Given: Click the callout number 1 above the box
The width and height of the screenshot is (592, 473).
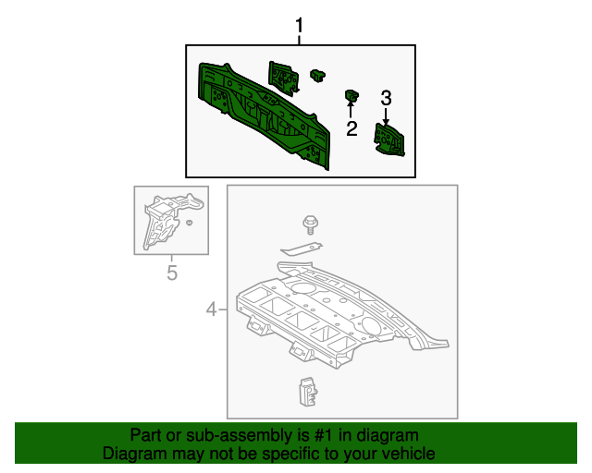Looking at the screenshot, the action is click(x=299, y=26).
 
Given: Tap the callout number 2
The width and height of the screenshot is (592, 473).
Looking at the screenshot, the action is click(x=351, y=128).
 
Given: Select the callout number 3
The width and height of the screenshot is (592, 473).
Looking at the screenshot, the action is click(x=386, y=98).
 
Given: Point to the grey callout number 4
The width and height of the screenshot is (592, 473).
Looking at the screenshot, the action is click(x=212, y=309).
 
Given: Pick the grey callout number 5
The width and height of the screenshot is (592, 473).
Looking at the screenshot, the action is click(x=172, y=273).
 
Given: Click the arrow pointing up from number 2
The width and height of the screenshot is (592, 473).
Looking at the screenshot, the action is click(x=351, y=108).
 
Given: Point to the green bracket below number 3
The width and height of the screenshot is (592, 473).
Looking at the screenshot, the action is click(x=389, y=139).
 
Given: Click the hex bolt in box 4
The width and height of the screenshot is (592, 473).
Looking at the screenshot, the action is click(x=311, y=225).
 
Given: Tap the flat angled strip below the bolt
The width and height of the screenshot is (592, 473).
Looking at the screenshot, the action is click(x=302, y=249).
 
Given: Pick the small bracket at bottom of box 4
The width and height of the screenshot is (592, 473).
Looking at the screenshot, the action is click(x=308, y=392).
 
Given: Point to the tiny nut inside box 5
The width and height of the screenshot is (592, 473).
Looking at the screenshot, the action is click(x=190, y=223).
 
